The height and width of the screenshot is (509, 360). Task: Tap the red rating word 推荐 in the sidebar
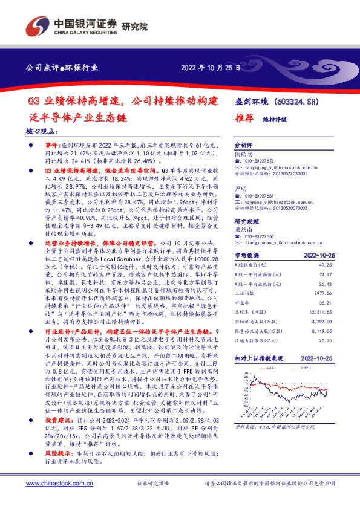tap(243, 119)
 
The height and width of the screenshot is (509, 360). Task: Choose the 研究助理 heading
tap(245, 222)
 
